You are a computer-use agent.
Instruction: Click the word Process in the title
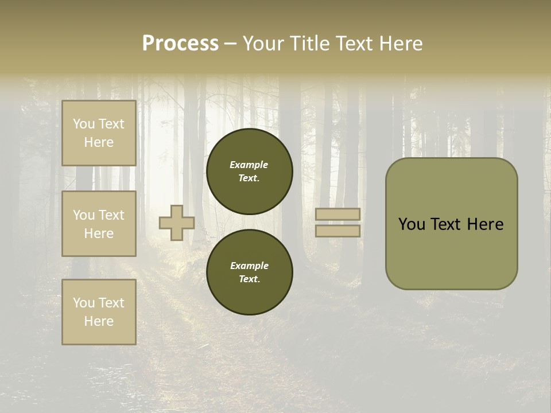[x=180, y=43]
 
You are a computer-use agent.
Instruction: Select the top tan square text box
[x=99, y=133]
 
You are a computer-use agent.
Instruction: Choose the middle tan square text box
[x=99, y=224]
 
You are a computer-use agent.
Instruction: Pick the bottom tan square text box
[x=99, y=311]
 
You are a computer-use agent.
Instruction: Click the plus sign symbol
[x=177, y=223]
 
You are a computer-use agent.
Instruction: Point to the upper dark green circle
[x=249, y=171]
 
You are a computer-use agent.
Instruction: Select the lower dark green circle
[x=249, y=272]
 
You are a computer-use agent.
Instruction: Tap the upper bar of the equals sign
[x=337, y=214]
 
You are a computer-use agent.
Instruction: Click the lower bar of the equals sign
[x=337, y=231]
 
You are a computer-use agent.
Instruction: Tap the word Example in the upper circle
[x=249, y=165]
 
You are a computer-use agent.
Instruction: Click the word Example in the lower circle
[x=249, y=266]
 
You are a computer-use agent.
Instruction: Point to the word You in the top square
[x=84, y=124]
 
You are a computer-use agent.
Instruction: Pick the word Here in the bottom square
[x=99, y=321]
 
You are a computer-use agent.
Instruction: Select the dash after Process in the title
[x=231, y=44]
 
